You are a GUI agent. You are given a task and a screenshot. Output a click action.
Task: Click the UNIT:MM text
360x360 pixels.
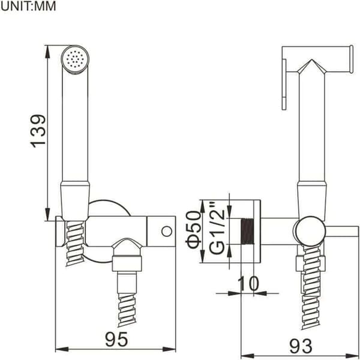28,6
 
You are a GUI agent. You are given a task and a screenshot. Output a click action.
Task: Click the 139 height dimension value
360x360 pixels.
38,131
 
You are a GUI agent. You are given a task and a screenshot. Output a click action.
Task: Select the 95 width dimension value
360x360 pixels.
116,339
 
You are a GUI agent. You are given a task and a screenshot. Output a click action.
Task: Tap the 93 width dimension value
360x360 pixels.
301,346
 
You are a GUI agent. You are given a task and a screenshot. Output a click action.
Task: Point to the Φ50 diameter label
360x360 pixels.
194,230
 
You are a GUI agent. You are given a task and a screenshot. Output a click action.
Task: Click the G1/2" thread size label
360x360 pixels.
217,228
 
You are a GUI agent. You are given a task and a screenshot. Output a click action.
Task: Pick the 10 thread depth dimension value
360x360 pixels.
248,283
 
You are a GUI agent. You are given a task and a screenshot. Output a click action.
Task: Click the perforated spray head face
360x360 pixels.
75,59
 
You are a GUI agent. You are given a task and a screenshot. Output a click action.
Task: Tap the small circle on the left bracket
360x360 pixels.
167,232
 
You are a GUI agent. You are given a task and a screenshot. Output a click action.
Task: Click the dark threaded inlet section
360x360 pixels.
247,231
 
